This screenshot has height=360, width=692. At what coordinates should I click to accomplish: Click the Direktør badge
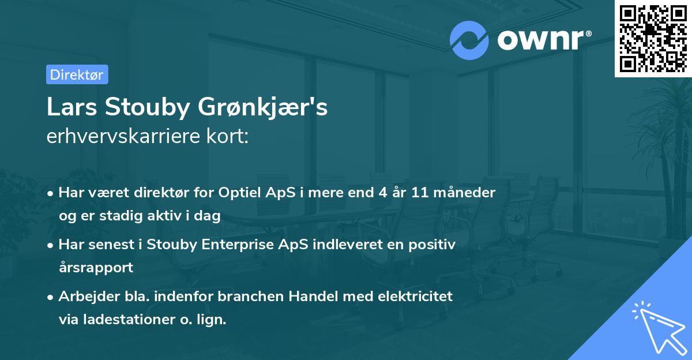pos(77,74)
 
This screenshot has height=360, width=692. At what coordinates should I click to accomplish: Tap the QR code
pos(652,38)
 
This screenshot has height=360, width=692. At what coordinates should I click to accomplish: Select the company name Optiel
pos(238,193)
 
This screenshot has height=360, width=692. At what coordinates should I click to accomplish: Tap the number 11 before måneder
pos(420,193)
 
